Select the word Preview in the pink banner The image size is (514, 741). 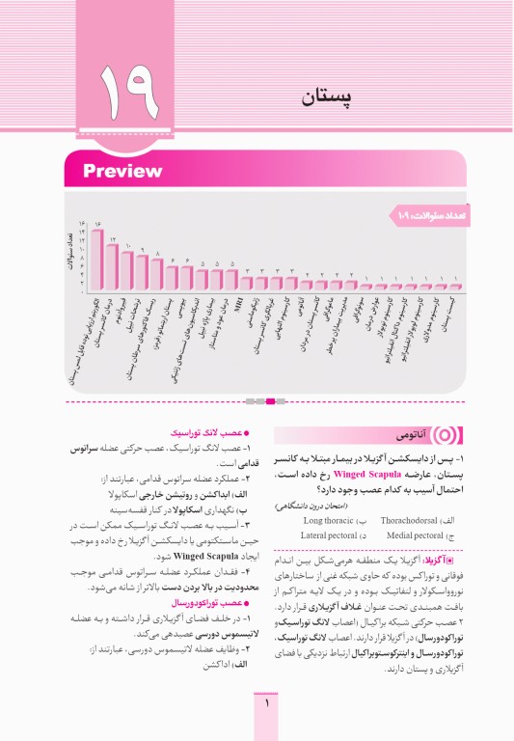click(122, 172)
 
